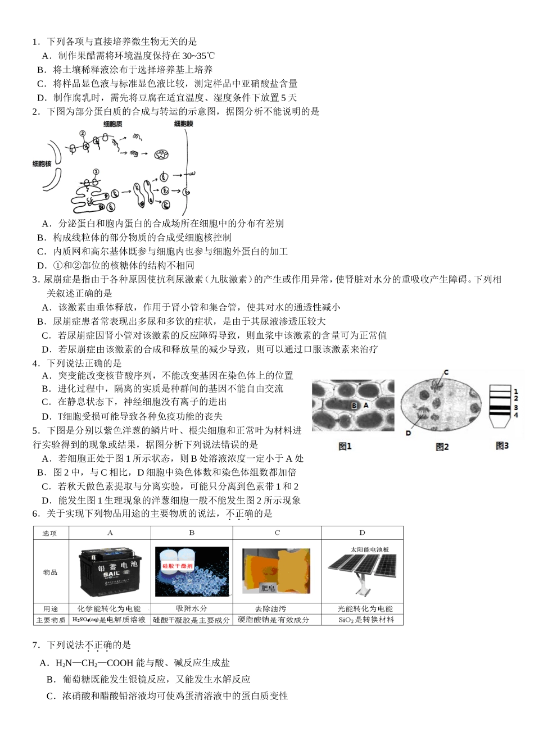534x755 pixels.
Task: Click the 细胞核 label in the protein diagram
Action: coord(42,163)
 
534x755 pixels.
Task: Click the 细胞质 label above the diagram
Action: coord(113,124)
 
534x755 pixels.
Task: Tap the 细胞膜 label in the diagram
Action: coord(183,124)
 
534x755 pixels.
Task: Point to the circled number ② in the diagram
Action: coord(82,134)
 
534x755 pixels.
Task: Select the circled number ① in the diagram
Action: coord(96,172)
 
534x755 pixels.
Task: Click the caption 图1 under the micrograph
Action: coord(345,446)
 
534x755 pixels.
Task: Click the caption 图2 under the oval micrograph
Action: coord(442,447)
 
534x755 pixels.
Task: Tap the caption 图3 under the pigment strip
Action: coord(502,445)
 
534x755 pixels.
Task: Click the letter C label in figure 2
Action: coord(446,372)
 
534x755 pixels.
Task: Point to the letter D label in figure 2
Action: coord(408,433)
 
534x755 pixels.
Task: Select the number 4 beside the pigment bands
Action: coord(515,415)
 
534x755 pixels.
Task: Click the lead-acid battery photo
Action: coord(110,571)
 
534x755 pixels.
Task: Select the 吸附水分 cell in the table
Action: coord(192,608)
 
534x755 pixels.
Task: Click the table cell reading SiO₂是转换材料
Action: coord(362,620)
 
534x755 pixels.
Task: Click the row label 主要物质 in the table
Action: coord(51,620)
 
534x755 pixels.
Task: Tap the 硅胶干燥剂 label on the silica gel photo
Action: coord(178,566)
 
